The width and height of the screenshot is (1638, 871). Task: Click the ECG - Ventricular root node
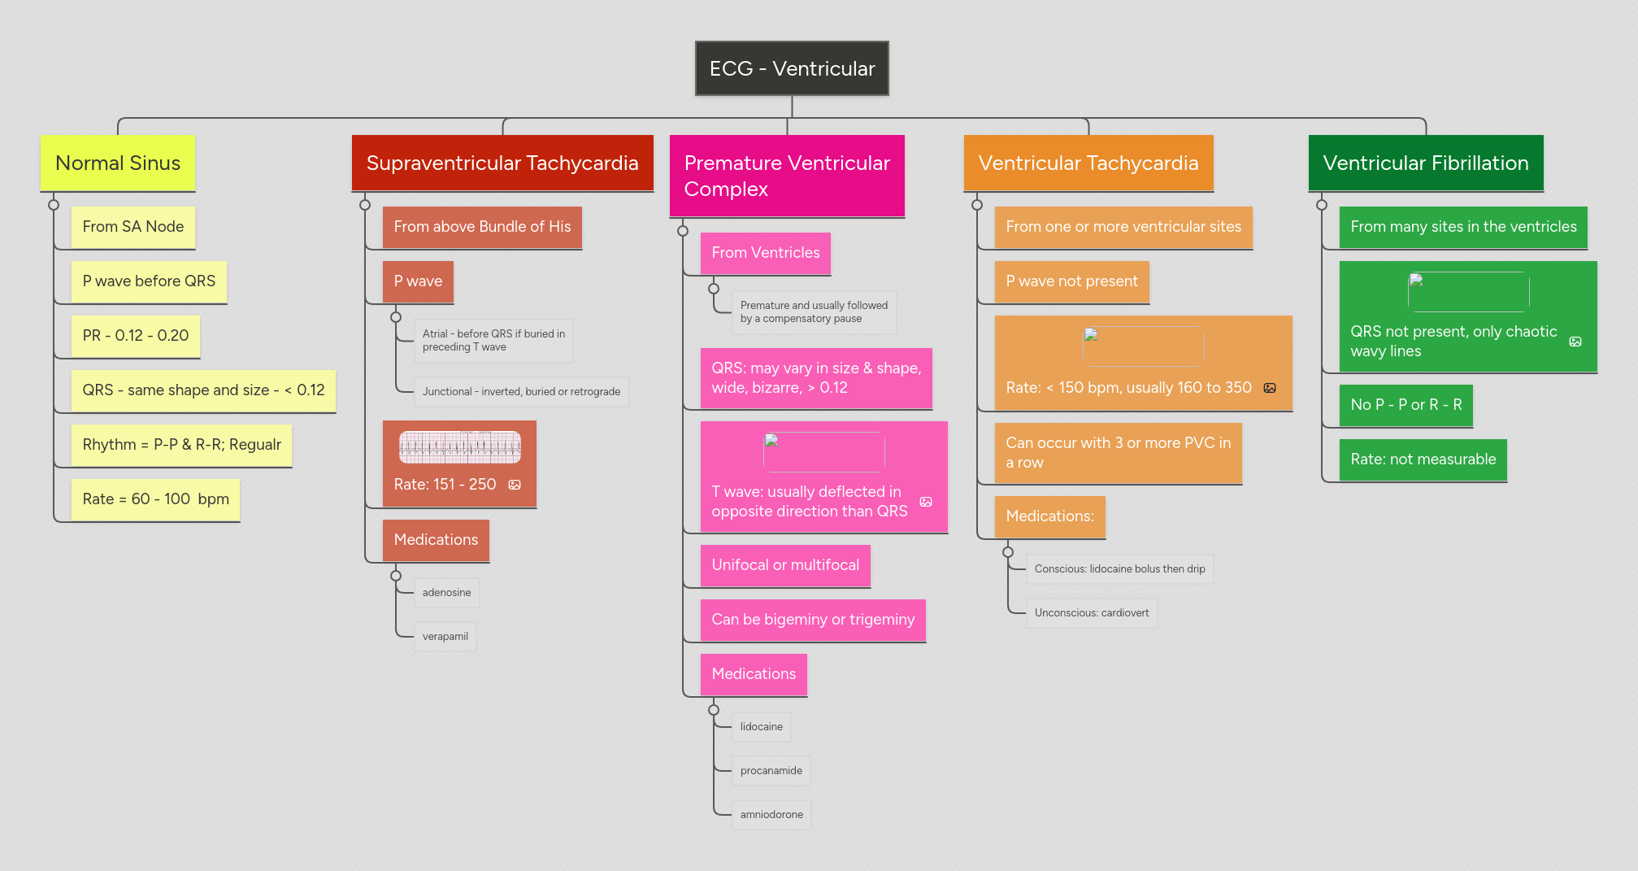pos(792,68)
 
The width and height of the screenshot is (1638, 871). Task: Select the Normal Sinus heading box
pos(118,163)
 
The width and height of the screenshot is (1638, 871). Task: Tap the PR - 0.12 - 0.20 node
pos(135,336)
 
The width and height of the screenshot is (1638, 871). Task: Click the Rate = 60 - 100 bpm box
pos(155,499)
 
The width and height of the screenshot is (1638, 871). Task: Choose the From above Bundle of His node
pos(482,227)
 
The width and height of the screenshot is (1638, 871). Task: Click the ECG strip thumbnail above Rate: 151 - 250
pos(460,447)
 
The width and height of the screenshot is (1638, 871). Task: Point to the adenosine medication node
pos(446,593)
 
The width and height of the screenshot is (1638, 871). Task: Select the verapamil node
pos(445,637)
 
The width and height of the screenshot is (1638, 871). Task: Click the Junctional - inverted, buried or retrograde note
pos(521,392)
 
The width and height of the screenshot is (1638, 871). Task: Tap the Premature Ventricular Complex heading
pos(787,176)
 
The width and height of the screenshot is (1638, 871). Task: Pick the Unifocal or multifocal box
pos(785,565)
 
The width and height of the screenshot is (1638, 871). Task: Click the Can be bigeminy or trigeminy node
pos(813,620)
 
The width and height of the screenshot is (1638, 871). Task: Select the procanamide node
pos(771,771)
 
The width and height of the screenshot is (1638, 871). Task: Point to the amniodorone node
pos(771,815)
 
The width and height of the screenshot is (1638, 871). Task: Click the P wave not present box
pos(1071,281)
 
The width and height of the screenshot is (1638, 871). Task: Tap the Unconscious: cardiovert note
pos(1092,613)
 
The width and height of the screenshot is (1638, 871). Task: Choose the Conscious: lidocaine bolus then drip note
pos(1119,569)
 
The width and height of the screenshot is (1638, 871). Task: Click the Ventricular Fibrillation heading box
pos(1426,163)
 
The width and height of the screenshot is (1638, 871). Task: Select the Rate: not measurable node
pos(1423,459)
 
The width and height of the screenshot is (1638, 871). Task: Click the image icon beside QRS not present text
pos(1575,342)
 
